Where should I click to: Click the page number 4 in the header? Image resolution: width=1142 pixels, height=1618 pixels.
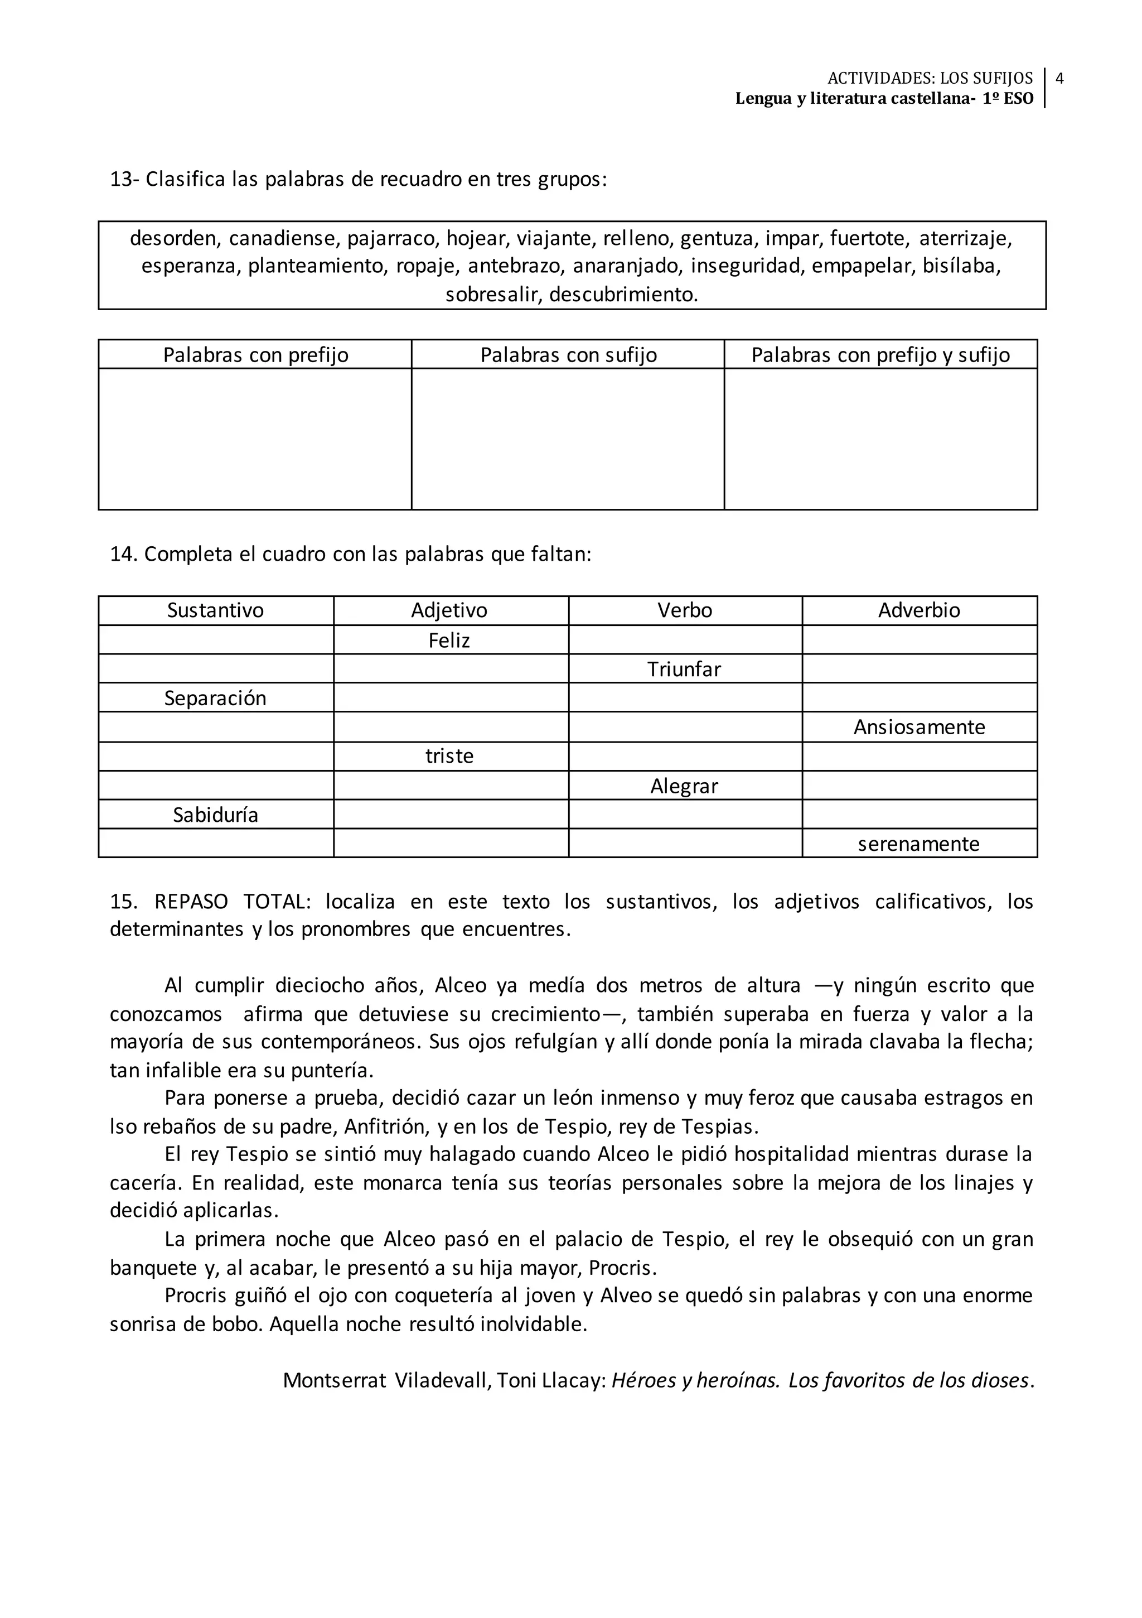(1059, 78)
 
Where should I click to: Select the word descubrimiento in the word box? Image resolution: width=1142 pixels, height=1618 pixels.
(623, 294)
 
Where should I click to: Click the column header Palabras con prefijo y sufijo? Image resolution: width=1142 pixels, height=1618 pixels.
(880, 354)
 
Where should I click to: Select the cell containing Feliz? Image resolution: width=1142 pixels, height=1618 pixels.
(449, 640)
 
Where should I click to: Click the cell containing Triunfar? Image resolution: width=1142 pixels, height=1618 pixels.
(684, 669)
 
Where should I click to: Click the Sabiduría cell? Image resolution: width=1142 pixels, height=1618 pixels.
(216, 815)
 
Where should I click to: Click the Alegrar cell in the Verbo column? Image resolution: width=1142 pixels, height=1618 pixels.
(684, 786)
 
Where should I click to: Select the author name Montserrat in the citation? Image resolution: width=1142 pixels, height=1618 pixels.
(334, 1380)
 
